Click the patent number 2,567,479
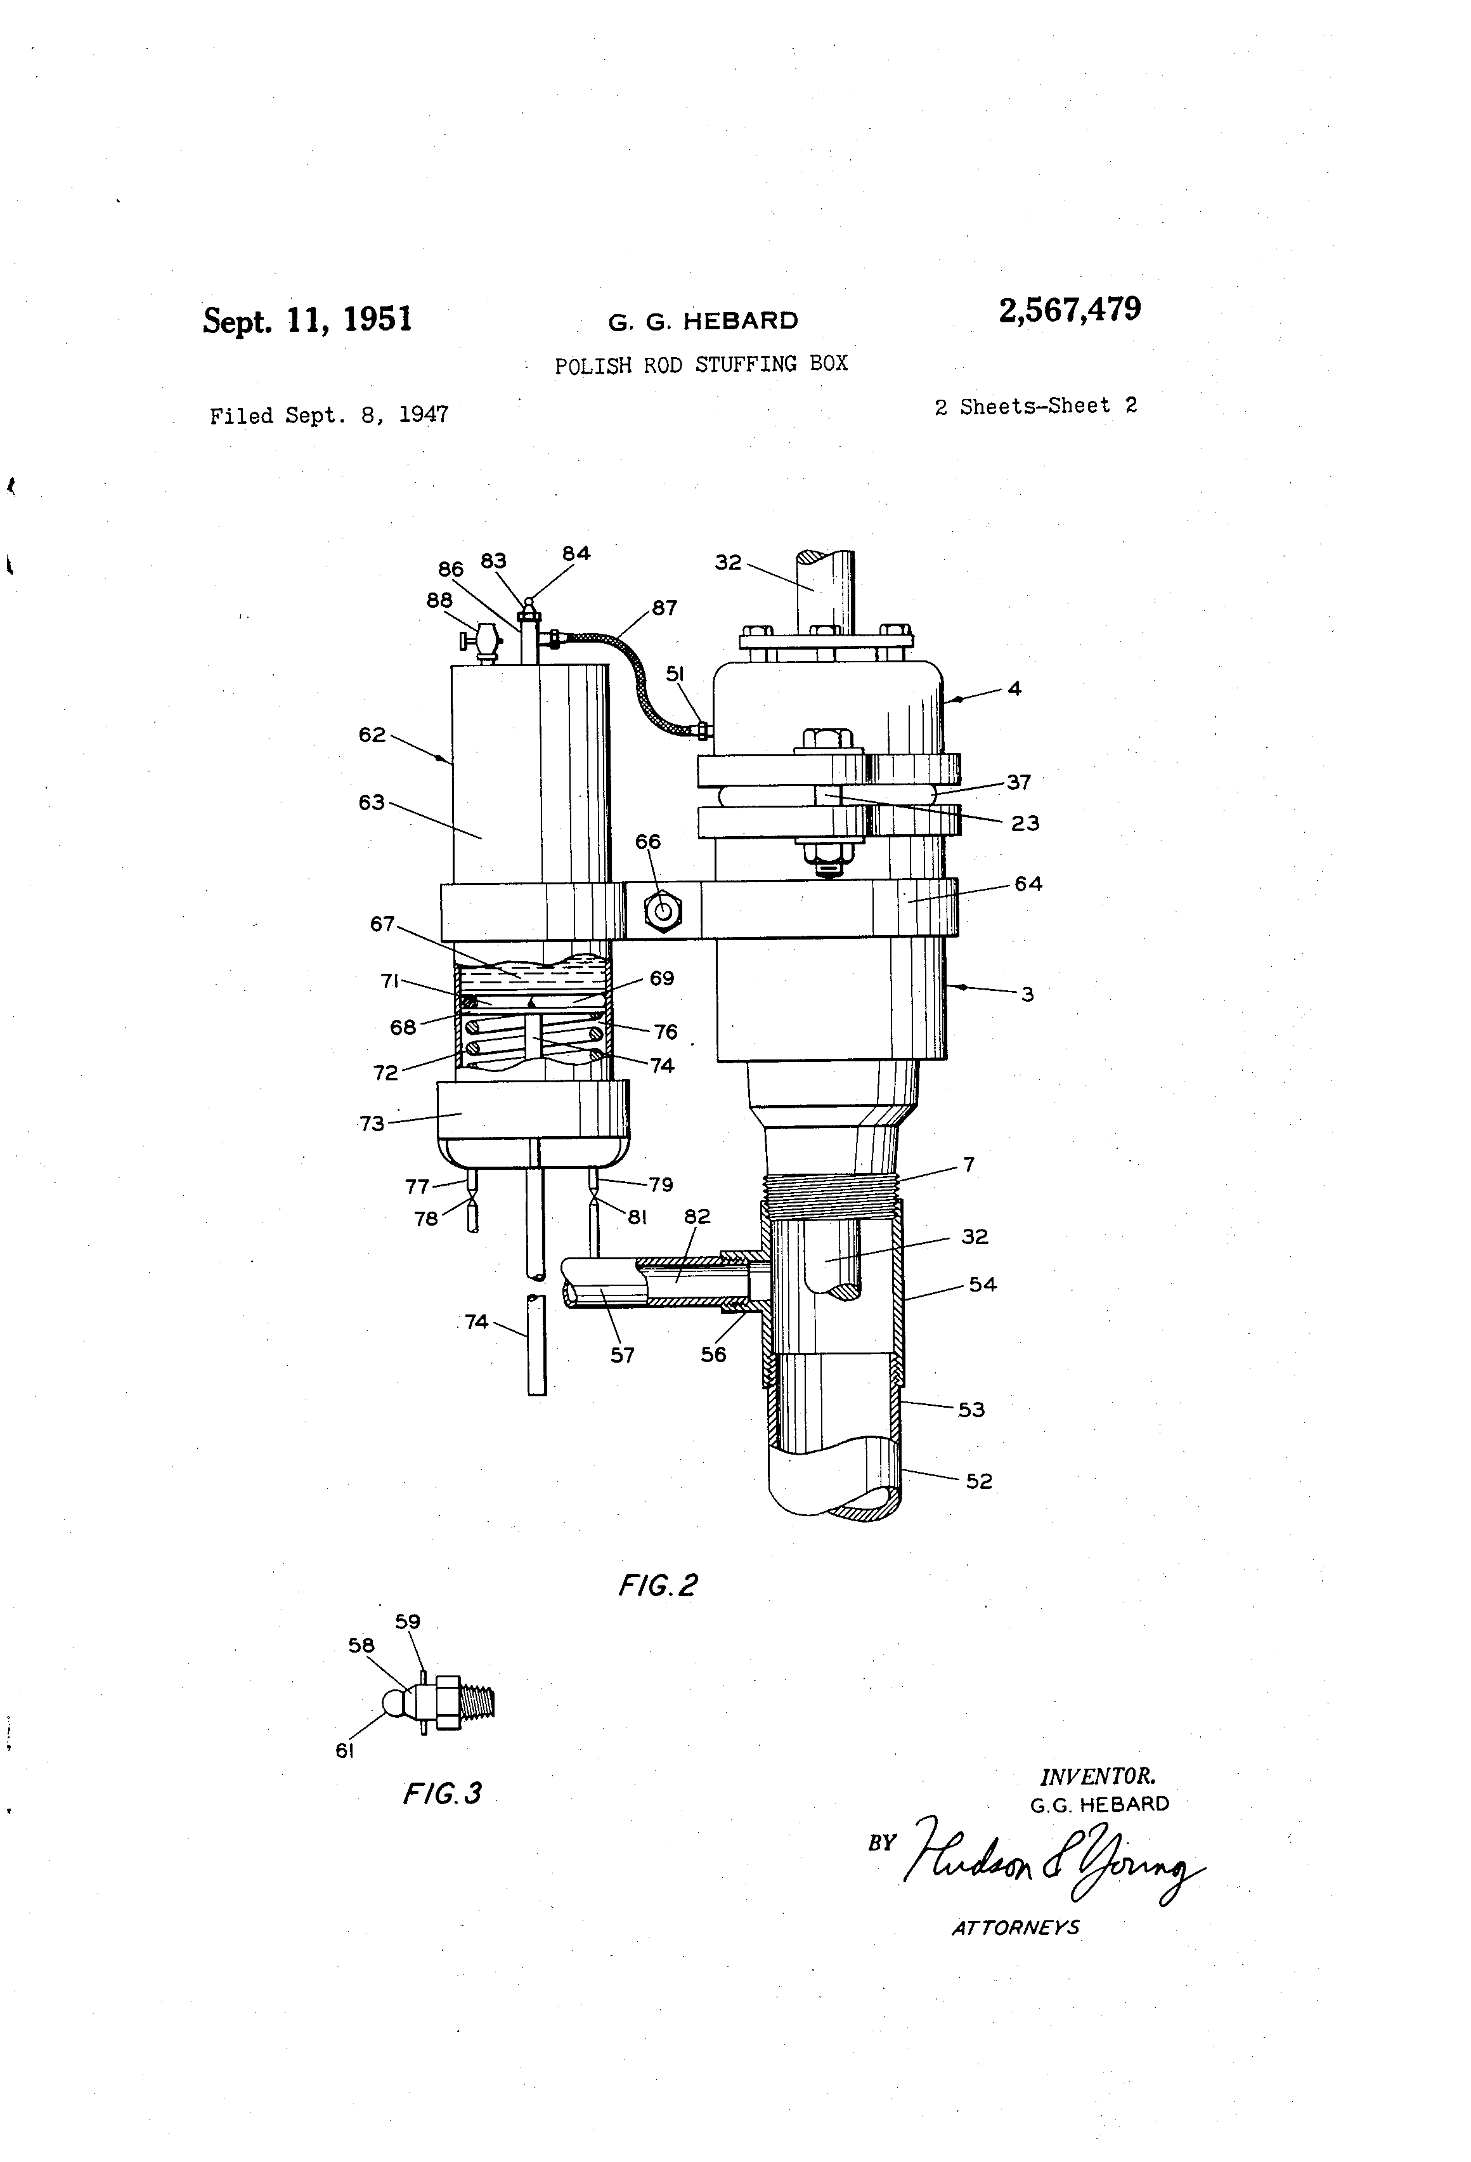pos(1069,310)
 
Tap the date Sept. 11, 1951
pos(307,320)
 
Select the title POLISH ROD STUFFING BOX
pos(701,364)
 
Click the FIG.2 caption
pos(658,1584)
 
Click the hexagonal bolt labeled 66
pos(662,911)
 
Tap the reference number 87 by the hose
pos(664,608)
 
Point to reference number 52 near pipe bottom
pos(978,1481)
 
